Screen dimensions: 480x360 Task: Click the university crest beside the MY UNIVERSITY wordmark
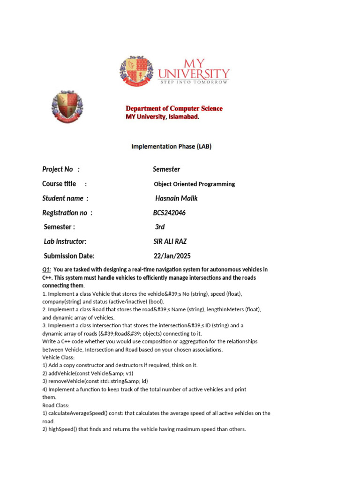(136, 72)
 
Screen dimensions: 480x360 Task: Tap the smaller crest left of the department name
(67, 107)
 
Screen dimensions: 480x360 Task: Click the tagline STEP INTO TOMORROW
(194, 82)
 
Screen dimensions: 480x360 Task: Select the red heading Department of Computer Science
(173, 108)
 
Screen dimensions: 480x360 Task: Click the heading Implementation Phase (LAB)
(171, 146)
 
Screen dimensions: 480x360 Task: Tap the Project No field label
(58, 169)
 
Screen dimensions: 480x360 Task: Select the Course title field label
(59, 184)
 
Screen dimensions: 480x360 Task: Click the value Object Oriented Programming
(194, 184)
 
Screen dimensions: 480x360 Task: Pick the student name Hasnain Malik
(176, 198)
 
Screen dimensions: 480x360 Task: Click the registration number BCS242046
(169, 213)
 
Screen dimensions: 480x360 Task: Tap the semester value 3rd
(160, 227)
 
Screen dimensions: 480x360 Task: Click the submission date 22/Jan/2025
(172, 256)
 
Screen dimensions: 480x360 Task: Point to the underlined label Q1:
(46, 270)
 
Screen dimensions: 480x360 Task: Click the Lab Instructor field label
(65, 241)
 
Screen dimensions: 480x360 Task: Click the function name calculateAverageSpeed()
(77, 413)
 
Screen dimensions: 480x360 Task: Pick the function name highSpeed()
(63, 429)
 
